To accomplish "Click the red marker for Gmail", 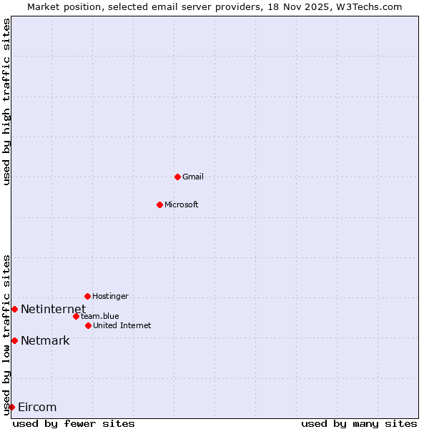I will pyautogui.click(x=177, y=177).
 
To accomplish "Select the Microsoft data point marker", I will pyautogui.click(x=159, y=204).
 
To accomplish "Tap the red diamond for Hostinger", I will pyautogui.click(x=87, y=296).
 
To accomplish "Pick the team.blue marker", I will pyautogui.click(x=76, y=316).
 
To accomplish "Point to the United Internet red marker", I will pyautogui.click(x=88, y=325).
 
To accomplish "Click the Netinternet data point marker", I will pyautogui.click(x=14, y=309).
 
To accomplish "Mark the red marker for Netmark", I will pyautogui.click(x=14, y=340).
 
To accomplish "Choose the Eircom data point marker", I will pyautogui.click(x=11, y=407).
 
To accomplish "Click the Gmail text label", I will pyautogui.click(x=193, y=177).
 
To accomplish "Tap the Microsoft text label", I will pyautogui.click(x=181, y=204).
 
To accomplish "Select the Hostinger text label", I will pyautogui.click(x=110, y=296).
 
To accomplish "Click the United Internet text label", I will pyautogui.click(x=122, y=325).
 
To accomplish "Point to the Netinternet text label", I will pyautogui.click(x=53, y=309).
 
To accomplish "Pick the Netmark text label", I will pyautogui.click(x=45, y=340).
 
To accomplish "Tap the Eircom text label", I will pyautogui.click(x=36, y=407).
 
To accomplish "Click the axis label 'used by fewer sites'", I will pyautogui.click(x=74, y=423).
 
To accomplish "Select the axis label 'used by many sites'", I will pyautogui.click(x=359, y=423).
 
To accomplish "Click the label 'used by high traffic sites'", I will pyautogui.click(x=6, y=102).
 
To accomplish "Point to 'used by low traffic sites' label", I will pyautogui.click(x=6, y=334).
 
